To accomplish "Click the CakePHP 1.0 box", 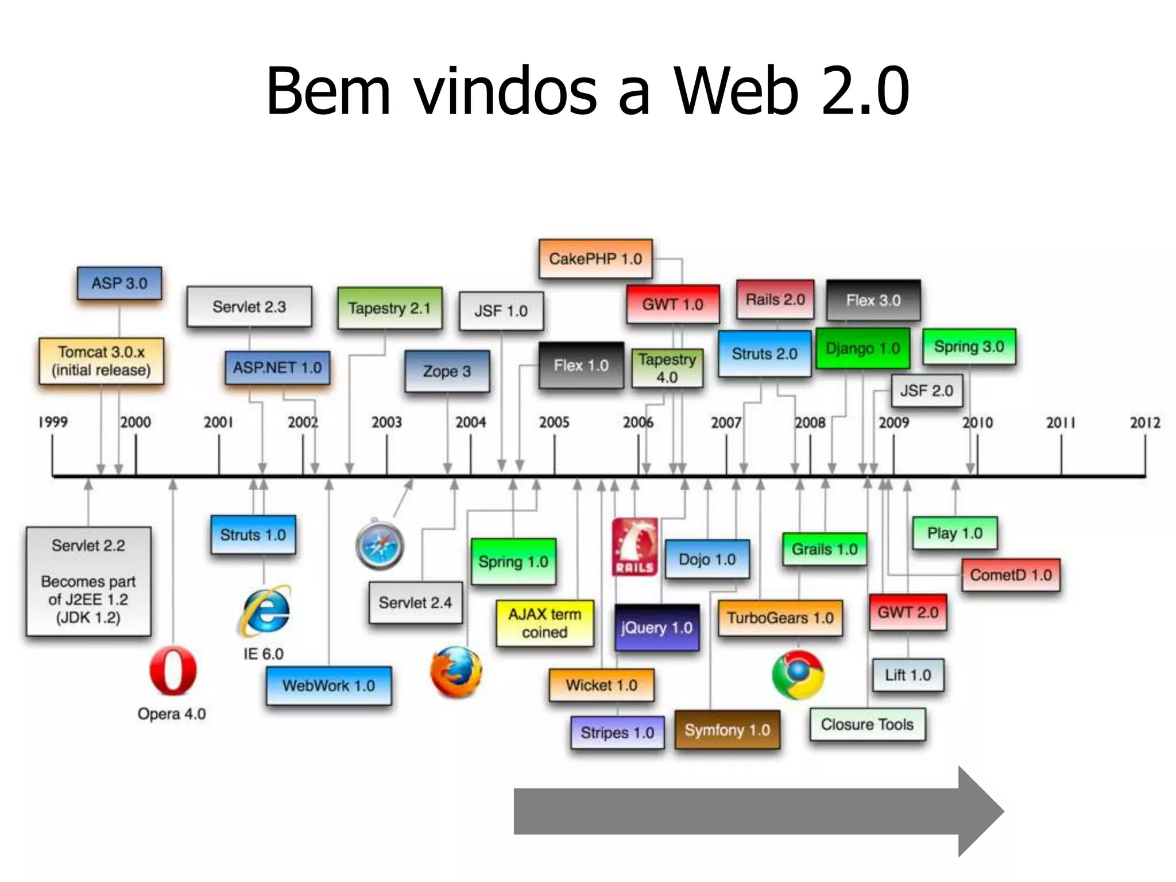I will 595,259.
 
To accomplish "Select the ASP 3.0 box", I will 119,283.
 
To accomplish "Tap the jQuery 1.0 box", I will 657,628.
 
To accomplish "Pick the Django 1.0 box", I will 862,349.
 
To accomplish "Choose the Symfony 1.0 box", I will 727,730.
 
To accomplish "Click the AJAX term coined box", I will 544,623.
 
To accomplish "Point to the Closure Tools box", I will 867,725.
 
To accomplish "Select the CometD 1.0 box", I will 1011,575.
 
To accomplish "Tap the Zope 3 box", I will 447,371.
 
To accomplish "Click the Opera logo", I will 172,671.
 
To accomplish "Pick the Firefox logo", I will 456,672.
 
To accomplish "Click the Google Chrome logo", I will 798,675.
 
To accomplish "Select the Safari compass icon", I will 380,544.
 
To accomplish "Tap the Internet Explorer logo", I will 265,611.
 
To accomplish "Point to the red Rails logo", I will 635,547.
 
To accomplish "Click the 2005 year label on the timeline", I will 554,423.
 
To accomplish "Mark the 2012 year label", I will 1145,423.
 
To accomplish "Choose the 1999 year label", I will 53,422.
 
